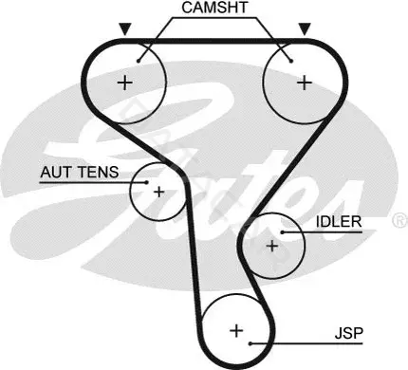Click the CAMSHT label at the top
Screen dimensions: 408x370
coord(214,8)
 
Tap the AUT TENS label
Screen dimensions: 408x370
coord(80,172)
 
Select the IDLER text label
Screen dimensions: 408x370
coord(339,222)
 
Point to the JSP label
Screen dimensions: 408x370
coord(349,333)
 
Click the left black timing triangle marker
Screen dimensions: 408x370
coord(125,29)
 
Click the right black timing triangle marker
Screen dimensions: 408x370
coord(305,29)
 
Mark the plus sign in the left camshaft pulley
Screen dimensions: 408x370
coord(125,83)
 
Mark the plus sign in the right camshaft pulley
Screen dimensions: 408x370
coord(305,83)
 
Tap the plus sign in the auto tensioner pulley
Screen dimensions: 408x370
coord(158,192)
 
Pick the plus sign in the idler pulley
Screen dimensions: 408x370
coord(272,246)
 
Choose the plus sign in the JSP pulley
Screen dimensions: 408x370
coord(236,331)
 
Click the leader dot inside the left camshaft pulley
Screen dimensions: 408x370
coord(139,61)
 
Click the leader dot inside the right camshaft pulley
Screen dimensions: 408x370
coord(291,61)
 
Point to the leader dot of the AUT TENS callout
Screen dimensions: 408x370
coord(146,182)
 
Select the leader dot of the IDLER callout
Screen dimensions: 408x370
coord(282,232)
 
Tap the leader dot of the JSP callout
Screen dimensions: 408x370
coord(250,343)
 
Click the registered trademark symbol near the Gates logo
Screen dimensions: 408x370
coord(400,220)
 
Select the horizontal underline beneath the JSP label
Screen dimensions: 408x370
coord(306,343)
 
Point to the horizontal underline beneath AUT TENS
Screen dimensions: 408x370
coord(93,182)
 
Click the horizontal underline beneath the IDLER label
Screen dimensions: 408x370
coord(322,232)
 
